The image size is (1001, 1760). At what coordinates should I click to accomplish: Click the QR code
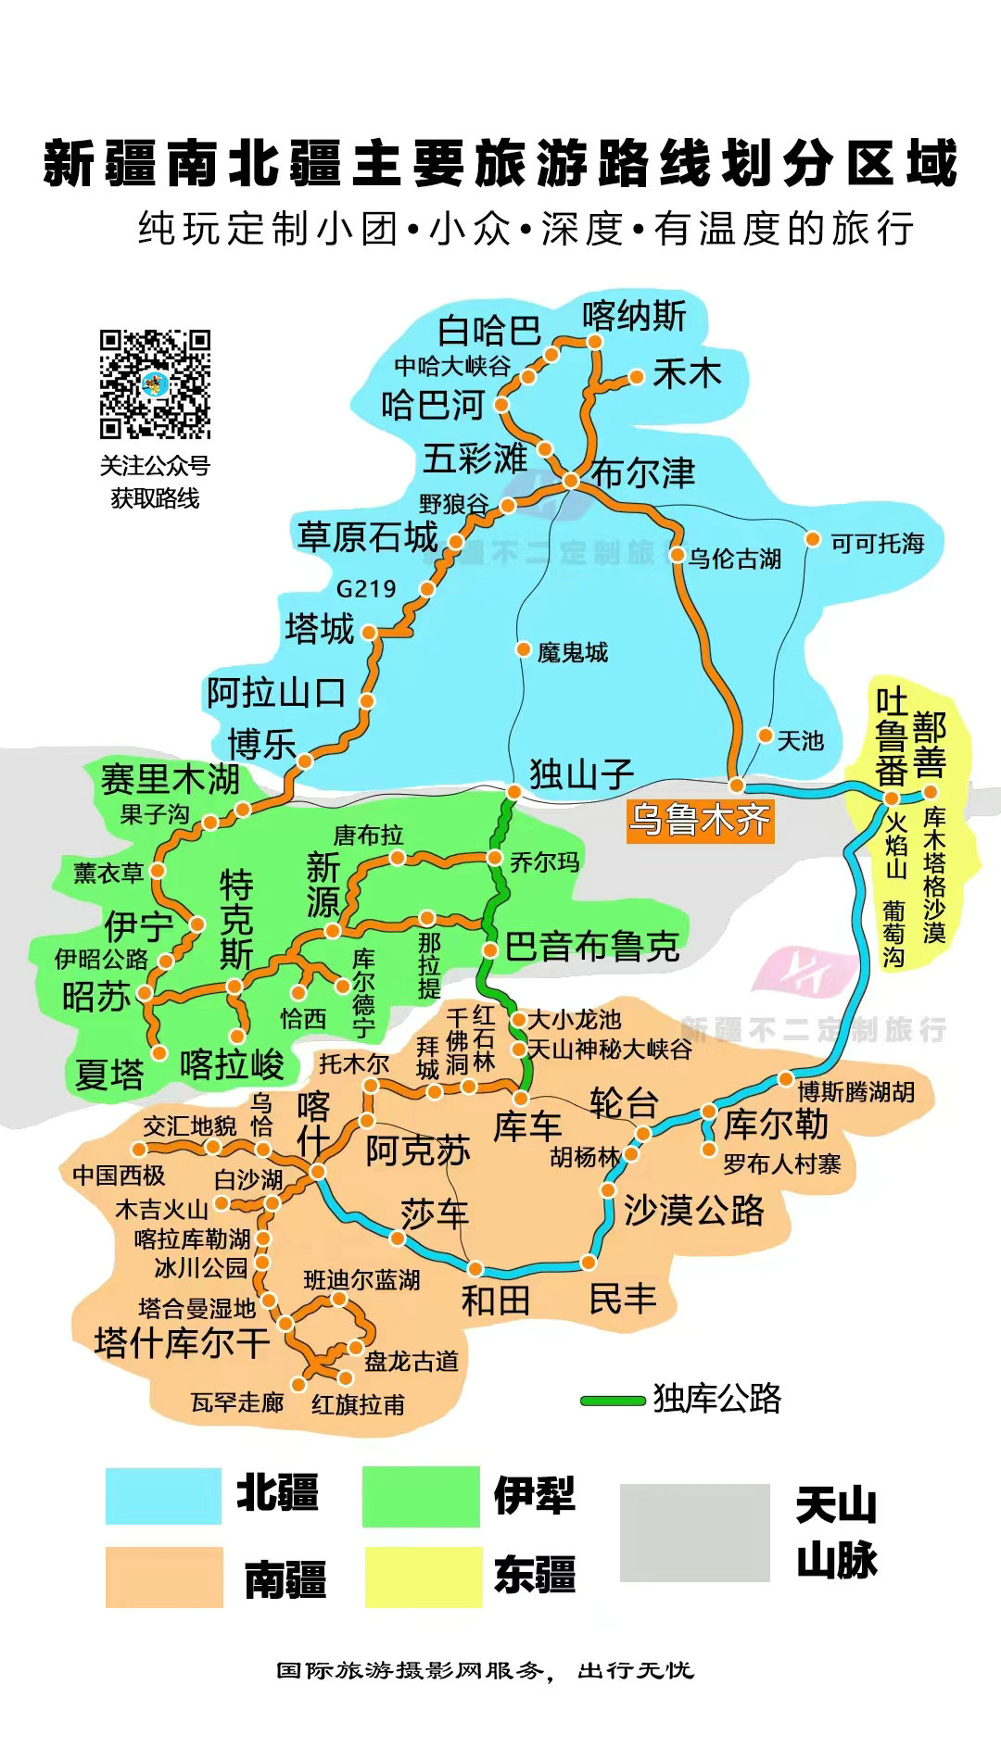(x=155, y=383)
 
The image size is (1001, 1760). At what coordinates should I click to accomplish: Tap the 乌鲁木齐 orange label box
(x=699, y=820)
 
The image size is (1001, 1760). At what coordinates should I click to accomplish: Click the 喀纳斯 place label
(x=634, y=317)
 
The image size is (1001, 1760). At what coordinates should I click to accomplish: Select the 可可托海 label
(x=877, y=543)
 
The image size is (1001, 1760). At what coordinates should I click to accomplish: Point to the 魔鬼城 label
(x=572, y=652)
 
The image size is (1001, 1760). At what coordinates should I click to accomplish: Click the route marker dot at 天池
(x=766, y=735)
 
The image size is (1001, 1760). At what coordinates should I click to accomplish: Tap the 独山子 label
(x=581, y=773)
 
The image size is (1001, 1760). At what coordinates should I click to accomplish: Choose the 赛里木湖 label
(x=171, y=779)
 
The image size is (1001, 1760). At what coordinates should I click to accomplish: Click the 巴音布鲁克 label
(x=591, y=947)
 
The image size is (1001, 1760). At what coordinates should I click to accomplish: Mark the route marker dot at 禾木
(x=637, y=376)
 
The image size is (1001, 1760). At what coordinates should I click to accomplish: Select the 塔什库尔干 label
(x=182, y=1342)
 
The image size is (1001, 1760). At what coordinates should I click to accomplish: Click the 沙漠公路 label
(x=693, y=1209)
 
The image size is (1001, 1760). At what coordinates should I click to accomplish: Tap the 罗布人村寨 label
(x=782, y=1163)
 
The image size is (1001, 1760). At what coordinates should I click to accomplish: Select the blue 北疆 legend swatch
(x=163, y=1496)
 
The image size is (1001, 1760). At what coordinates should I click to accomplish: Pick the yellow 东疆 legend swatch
(x=423, y=1576)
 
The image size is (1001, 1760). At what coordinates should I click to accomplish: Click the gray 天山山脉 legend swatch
(x=694, y=1532)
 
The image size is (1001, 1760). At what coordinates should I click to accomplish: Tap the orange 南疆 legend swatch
(x=163, y=1576)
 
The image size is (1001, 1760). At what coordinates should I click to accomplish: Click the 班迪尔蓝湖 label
(x=361, y=1280)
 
